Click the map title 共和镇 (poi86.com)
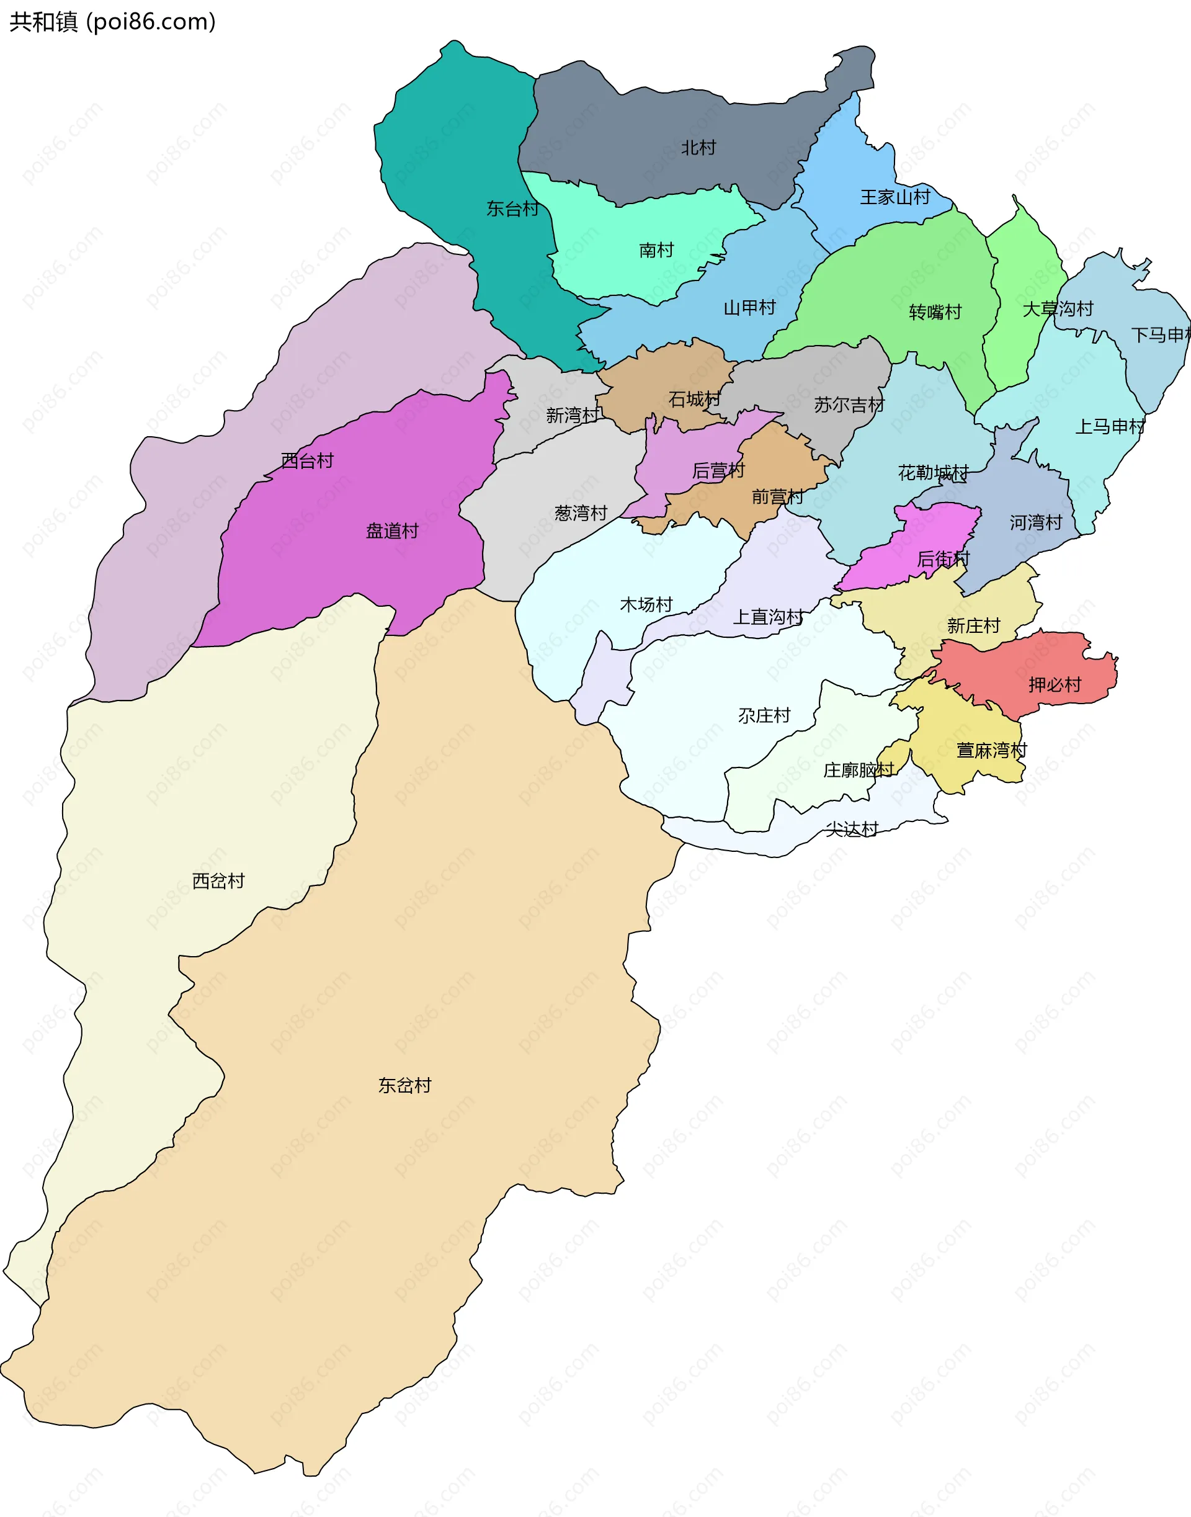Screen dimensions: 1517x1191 (112, 22)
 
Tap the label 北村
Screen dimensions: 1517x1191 (698, 148)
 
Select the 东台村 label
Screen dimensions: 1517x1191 (512, 208)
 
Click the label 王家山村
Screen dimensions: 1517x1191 (894, 197)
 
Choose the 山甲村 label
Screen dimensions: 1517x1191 (749, 308)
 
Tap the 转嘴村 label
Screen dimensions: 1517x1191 (935, 311)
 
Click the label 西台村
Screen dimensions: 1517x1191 (307, 460)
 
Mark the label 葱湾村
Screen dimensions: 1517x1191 (580, 513)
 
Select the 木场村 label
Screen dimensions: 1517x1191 (646, 604)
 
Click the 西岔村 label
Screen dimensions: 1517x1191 (218, 881)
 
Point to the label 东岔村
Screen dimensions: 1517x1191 (404, 1085)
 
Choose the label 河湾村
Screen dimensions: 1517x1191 (1035, 522)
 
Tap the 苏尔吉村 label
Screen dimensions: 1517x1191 (849, 405)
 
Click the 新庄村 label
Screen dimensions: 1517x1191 (973, 625)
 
